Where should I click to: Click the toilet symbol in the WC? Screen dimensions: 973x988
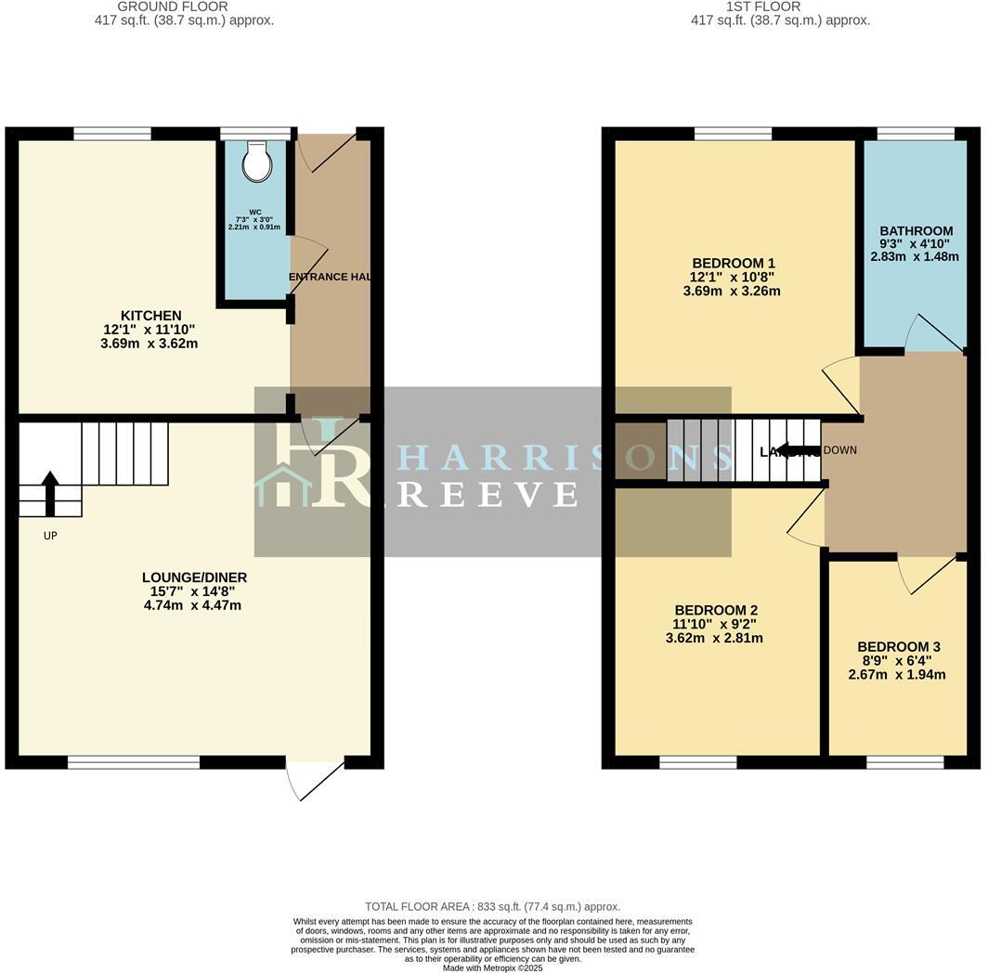(255, 163)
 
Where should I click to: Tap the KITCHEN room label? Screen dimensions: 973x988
(150, 316)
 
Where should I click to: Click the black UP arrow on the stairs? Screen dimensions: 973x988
(50, 491)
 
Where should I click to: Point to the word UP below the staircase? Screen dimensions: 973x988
(50, 536)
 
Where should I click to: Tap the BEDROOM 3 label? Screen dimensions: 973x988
(898, 646)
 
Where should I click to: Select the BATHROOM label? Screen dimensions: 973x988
(916, 231)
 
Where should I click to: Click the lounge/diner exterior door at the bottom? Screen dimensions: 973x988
(314, 779)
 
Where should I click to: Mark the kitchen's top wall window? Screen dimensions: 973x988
(112, 135)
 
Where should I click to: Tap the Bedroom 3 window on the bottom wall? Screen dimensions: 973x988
(905, 762)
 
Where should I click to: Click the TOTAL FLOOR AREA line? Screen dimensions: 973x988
(492, 906)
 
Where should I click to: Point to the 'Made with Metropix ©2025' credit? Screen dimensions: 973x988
(492, 967)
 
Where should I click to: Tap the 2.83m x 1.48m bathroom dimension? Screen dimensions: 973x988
(916, 257)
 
